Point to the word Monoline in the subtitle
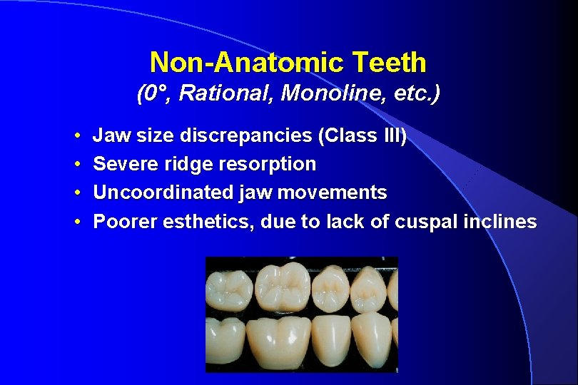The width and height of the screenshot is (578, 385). (310, 94)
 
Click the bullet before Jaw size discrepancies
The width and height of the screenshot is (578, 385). (76, 135)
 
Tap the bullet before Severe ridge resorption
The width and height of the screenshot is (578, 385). (76, 165)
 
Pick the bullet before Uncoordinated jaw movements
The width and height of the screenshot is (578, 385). (76, 193)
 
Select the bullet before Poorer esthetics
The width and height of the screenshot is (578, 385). (76, 222)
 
